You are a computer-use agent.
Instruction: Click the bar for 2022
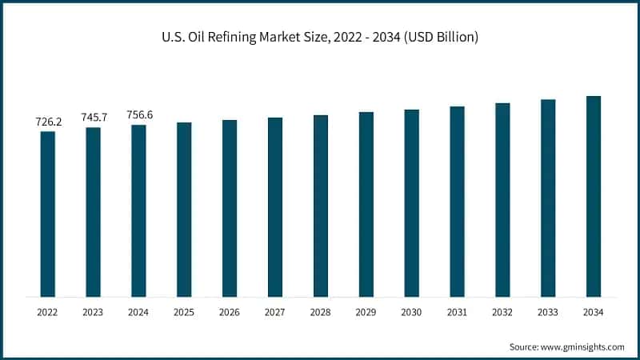[x=48, y=214]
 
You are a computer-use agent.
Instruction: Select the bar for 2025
[x=184, y=210]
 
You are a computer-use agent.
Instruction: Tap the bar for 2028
[x=321, y=206]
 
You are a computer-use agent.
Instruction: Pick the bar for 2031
[x=457, y=202]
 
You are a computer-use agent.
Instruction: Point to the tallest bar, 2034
[x=594, y=197]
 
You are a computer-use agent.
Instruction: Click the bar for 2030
[x=411, y=203]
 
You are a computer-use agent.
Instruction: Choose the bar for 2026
[x=230, y=209]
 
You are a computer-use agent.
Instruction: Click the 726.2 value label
[x=48, y=122]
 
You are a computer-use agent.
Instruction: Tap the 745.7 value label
[x=94, y=118]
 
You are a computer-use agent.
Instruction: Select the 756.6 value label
[x=139, y=115]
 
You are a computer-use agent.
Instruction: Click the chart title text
[x=319, y=38]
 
